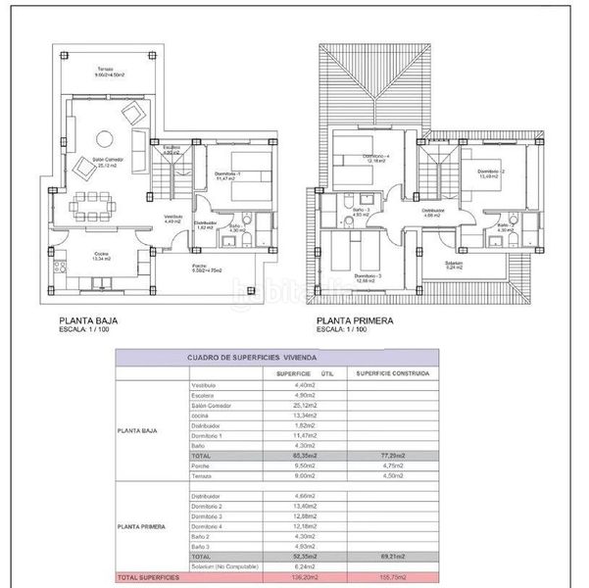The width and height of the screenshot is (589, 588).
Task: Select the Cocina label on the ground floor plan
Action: pos(101,256)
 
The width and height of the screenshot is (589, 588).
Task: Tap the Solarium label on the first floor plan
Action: pos(454,264)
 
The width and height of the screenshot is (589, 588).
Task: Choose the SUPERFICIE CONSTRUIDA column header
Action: pos(390,373)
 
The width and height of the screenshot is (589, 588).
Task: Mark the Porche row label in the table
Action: pos(203,467)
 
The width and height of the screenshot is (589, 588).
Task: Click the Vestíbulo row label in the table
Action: pos(206,385)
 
